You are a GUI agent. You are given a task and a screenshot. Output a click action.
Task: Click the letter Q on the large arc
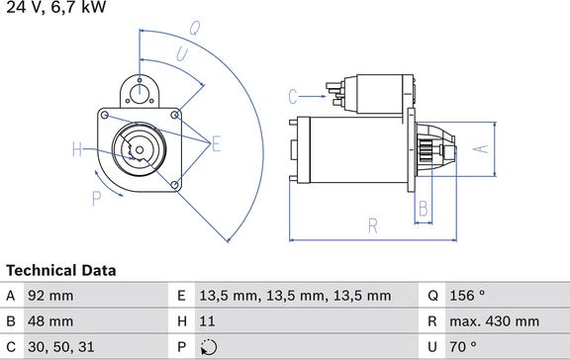pyautogui.click(x=195, y=28)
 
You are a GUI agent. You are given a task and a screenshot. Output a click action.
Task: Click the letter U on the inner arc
pyautogui.click(x=182, y=54)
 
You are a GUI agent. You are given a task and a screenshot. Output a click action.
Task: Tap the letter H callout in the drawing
pyautogui.click(x=77, y=149)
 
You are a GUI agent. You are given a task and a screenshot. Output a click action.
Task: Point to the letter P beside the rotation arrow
pyautogui.click(x=96, y=199)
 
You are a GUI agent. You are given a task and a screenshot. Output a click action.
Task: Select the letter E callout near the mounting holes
pyautogui.click(x=217, y=143)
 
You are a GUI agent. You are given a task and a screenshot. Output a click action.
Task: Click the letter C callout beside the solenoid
pyautogui.click(x=293, y=97)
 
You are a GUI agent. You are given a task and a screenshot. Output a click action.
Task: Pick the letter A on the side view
pyautogui.click(x=481, y=148)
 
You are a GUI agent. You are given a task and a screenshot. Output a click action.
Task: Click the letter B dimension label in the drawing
pyautogui.click(x=424, y=209)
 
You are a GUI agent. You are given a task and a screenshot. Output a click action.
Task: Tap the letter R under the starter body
pyautogui.click(x=373, y=225)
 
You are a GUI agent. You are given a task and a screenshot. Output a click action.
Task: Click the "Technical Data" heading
pyautogui.click(x=61, y=271)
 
